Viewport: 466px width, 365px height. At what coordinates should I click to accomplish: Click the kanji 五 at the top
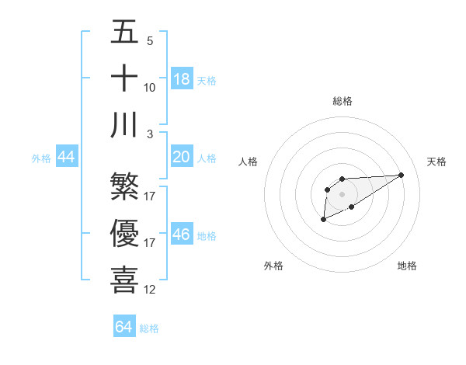point(125,33)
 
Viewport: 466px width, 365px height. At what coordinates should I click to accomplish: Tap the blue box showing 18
point(182,78)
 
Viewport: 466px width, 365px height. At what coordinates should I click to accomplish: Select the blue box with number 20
point(182,157)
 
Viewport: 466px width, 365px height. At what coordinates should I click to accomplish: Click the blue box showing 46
point(182,234)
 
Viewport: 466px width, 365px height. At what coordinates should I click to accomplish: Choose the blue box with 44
point(67,157)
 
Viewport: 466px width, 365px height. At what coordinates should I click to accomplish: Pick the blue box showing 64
point(124,327)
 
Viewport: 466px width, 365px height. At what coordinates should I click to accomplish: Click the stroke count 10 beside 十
point(150,88)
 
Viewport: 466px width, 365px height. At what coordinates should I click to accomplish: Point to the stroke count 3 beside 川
point(150,134)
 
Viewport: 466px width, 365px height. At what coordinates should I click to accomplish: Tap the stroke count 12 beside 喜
point(150,289)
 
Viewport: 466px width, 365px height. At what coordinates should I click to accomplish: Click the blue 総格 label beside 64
point(149,328)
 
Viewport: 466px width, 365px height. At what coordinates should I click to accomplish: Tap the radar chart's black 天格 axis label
point(436,162)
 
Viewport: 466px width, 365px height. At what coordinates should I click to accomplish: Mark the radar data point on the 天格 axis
point(402,174)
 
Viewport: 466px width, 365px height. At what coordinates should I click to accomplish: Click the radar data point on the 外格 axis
point(323,221)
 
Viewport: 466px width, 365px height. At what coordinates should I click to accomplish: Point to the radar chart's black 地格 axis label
point(407,266)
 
